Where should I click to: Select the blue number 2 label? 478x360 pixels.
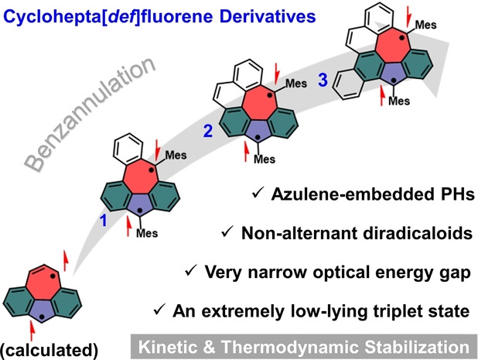207,132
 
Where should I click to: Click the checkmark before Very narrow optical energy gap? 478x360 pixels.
190,272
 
